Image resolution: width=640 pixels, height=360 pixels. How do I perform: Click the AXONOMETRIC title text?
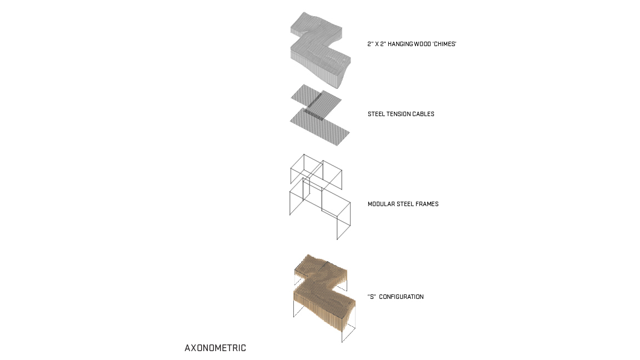[x=215, y=348]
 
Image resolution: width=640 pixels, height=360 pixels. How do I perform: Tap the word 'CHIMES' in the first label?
[x=443, y=44]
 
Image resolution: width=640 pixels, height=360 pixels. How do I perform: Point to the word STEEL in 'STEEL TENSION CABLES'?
[x=376, y=114]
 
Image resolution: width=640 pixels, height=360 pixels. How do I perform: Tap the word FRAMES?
[x=427, y=204]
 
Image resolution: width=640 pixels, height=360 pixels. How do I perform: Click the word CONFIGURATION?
[x=401, y=297]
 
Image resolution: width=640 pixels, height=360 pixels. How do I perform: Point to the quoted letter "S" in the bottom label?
[x=372, y=297]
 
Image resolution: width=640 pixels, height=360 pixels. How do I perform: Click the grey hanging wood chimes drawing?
[x=321, y=50]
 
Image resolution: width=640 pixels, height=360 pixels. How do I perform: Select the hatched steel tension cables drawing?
[x=320, y=115]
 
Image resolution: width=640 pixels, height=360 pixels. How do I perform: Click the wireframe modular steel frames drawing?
[x=320, y=197]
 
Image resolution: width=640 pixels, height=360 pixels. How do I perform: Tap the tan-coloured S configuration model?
[x=324, y=298]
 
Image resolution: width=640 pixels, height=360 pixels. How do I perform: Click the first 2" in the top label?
[x=370, y=44]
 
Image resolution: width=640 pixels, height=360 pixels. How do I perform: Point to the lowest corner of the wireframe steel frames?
[x=337, y=240]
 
